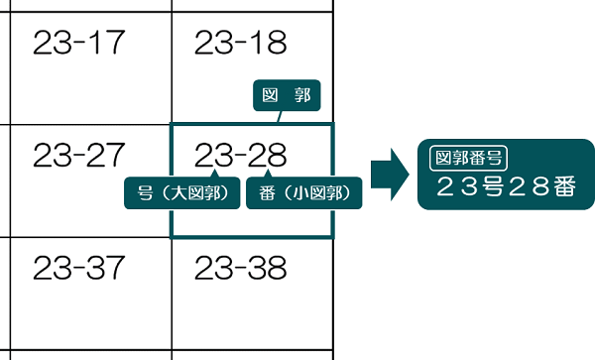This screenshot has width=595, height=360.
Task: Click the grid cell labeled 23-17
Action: tap(78, 43)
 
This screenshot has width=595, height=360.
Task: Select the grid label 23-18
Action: tap(240, 43)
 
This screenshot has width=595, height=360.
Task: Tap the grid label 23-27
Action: tap(78, 155)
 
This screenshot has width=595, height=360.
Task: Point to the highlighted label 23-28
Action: tap(240, 155)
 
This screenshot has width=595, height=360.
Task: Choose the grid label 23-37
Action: tap(78, 267)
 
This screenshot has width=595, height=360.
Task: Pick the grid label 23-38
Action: tap(240, 267)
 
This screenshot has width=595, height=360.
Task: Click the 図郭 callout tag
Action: tap(288, 96)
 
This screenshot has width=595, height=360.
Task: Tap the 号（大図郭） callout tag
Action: tap(182, 191)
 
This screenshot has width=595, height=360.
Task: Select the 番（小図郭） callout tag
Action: tap(303, 191)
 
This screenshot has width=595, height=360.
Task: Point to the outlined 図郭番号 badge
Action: tap(469, 156)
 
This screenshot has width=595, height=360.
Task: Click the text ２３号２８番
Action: tap(505, 187)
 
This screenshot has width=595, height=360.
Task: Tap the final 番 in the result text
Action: tap(562, 187)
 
